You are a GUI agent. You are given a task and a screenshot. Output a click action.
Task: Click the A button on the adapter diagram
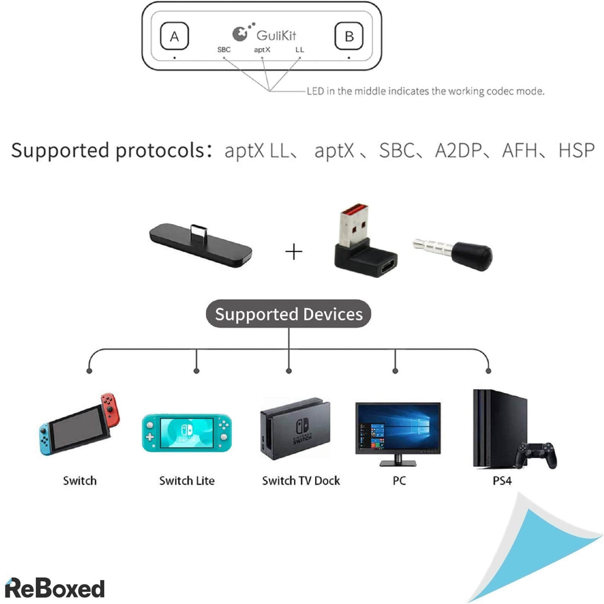click(x=174, y=36)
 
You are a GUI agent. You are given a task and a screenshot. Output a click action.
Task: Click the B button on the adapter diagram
click(x=349, y=36)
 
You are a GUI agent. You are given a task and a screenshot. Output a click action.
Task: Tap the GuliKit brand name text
click(x=276, y=35)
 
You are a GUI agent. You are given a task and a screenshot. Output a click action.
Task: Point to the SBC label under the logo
click(x=223, y=49)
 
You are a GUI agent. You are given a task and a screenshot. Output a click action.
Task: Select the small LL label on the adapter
click(x=299, y=49)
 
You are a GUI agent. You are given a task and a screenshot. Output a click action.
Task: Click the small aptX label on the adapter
click(x=262, y=49)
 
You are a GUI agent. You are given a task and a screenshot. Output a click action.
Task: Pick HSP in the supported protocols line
click(x=576, y=150)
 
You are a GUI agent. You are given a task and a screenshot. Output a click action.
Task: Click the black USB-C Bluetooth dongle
click(x=200, y=245)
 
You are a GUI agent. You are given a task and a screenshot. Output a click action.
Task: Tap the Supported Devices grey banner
click(x=288, y=314)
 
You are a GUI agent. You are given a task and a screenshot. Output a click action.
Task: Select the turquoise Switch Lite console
click(x=187, y=433)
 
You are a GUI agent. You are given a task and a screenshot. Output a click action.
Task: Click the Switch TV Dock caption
click(x=300, y=481)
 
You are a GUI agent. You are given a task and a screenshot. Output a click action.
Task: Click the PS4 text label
click(x=502, y=481)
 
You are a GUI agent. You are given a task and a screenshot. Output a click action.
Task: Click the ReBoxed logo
click(x=54, y=588)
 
